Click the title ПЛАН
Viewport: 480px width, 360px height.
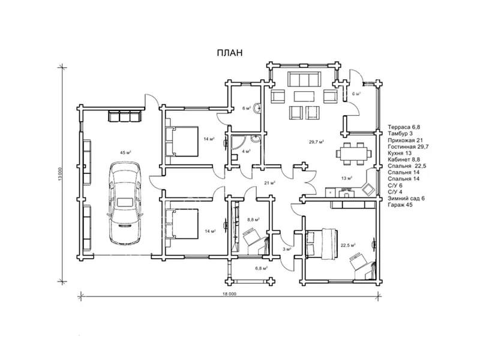(230, 53)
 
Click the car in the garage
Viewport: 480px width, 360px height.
(125, 203)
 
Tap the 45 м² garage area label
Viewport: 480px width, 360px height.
(125, 152)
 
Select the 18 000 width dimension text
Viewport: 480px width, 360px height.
(229, 294)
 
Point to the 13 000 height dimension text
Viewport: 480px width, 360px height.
(61, 174)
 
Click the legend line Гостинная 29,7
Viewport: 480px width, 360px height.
(408, 146)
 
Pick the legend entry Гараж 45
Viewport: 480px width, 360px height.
(400, 205)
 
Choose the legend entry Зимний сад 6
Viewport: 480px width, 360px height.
(406, 199)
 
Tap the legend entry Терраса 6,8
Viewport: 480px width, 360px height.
(404, 127)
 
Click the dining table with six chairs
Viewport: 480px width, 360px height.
(353, 153)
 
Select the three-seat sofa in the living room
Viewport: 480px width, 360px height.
(304, 79)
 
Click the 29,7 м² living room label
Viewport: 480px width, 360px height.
(317, 142)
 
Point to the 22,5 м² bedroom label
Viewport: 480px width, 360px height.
(348, 245)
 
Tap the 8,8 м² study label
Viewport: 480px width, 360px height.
(253, 220)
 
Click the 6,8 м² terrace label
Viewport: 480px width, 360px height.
(262, 268)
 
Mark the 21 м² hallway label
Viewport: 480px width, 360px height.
(269, 183)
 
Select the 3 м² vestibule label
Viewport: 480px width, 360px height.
(287, 249)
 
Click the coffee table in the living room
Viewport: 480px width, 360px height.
(304, 96)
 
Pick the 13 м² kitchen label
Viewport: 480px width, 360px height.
(347, 178)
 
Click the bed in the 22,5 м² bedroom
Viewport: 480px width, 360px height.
(322, 244)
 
